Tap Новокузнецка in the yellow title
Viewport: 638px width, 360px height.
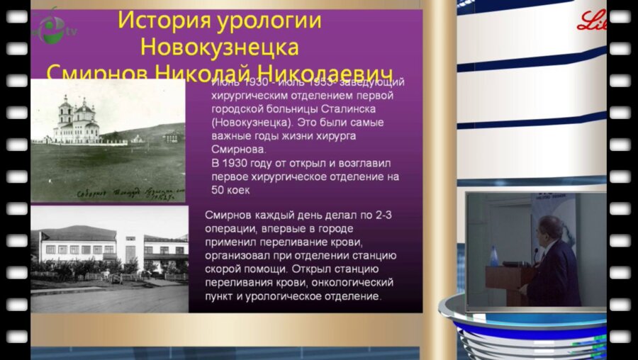tap(219, 47)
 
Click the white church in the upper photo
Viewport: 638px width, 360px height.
tap(77, 121)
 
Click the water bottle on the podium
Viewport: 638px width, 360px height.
tap(494, 256)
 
